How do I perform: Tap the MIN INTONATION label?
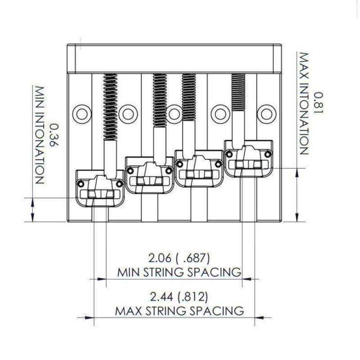point(39,135)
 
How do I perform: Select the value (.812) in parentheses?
point(193,297)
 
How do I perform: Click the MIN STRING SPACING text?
point(179,272)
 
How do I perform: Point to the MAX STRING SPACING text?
point(180,310)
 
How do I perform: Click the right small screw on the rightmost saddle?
point(268,155)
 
